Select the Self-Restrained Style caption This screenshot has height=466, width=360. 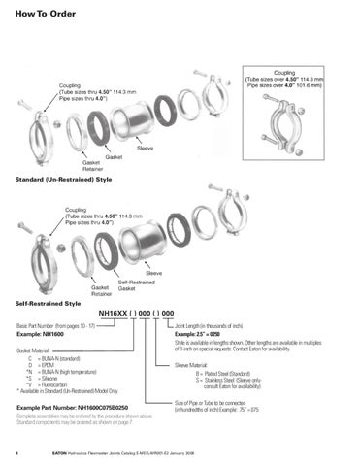coord(45,303)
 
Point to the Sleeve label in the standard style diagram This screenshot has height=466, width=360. coord(146,148)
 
